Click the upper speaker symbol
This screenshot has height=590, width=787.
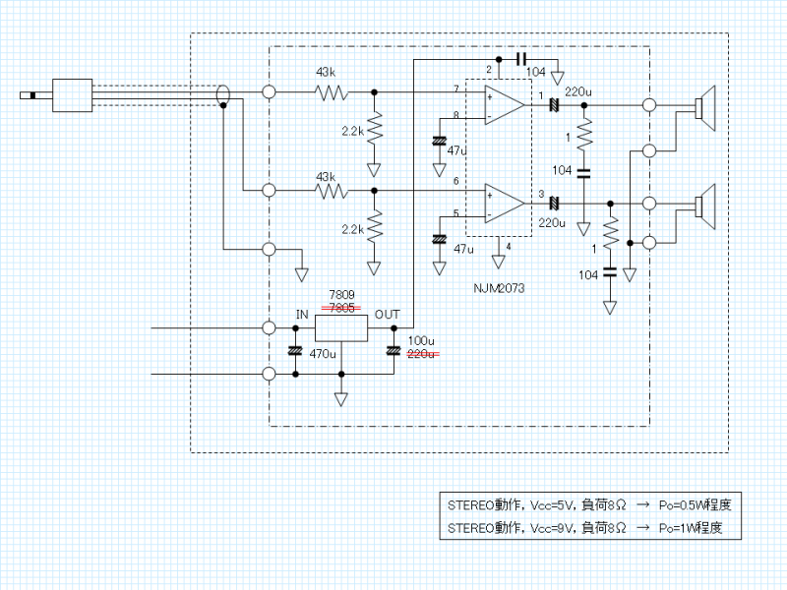[x=704, y=105]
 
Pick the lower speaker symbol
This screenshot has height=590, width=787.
[x=704, y=204]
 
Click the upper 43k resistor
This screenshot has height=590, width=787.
[x=332, y=92]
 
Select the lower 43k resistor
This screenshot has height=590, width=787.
[x=332, y=191]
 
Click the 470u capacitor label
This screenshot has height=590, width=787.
[x=323, y=353]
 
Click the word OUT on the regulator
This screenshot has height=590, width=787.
[x=387, y=314]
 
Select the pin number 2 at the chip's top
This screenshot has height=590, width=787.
[x=488, y=68]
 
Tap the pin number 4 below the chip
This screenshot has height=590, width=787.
[x=508, y=246]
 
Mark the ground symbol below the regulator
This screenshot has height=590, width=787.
[x=340, y=398]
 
